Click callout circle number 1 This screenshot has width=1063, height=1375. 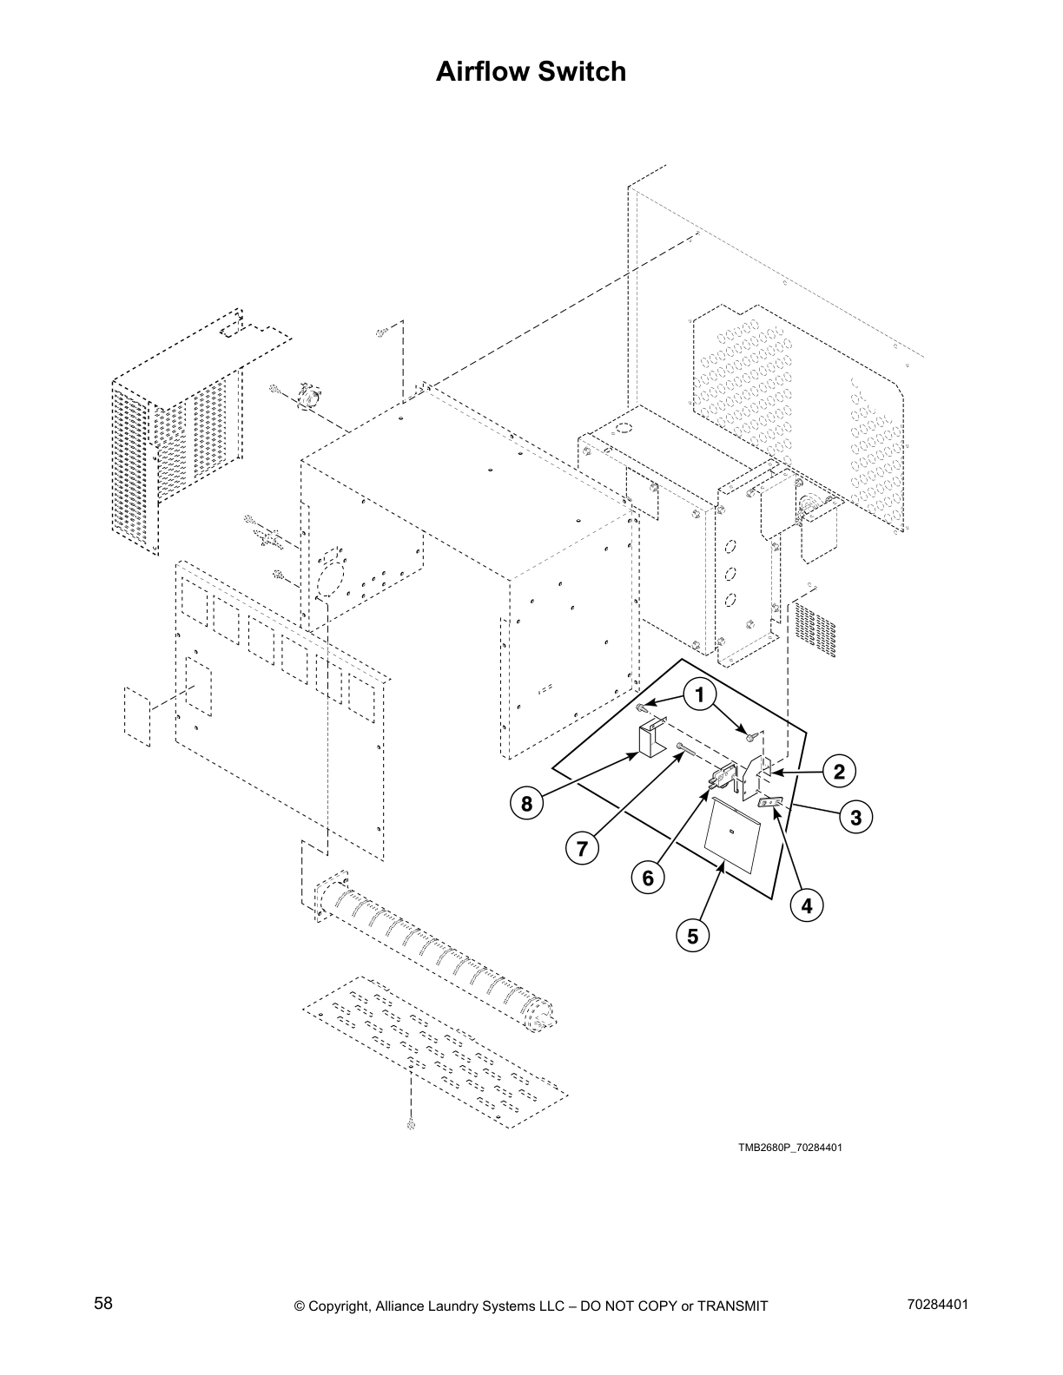(699, 694)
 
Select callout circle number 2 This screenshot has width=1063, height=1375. (839, 771)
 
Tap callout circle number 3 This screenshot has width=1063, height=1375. (855, 817)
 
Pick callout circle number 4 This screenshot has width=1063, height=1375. (807, 906)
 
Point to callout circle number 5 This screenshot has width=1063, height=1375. (692, 937)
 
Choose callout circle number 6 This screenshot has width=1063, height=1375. (648, 878)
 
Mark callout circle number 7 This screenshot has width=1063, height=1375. (582, 847)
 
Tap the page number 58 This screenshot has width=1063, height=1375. (103, 1303)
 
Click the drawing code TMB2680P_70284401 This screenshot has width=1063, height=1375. (790, 1148)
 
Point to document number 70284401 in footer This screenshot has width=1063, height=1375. (937, 1304)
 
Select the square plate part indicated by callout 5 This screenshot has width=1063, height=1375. (731, 835)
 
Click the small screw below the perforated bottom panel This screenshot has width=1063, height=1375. (410, 1126)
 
